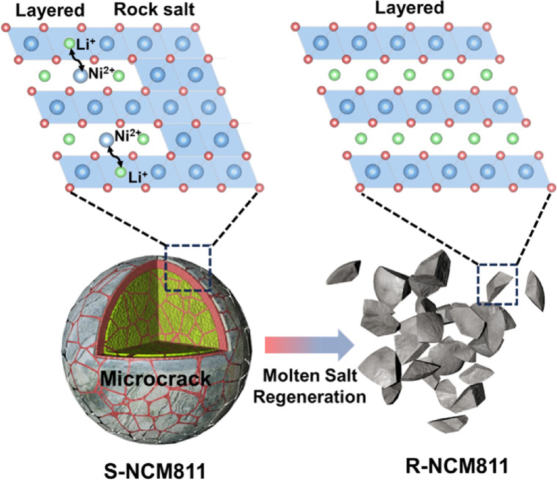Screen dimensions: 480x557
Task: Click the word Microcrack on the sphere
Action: click(155, 379)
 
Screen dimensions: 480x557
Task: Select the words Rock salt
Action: click(154, 10)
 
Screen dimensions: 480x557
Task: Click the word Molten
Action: click(288, 376)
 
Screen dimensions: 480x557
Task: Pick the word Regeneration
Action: click(310, 397)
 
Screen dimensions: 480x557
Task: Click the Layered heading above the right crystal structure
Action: click(409, 8)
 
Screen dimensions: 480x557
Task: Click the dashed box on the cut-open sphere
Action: click(188, 268)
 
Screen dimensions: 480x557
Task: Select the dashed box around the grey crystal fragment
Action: click(497, 285)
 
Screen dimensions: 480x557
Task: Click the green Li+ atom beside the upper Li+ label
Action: click(69, 44)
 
